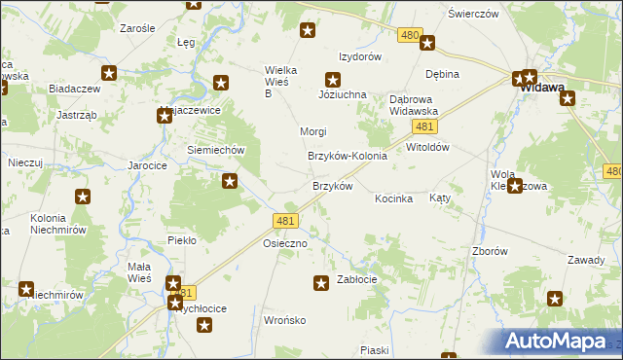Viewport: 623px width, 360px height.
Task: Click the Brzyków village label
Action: coord(332,186)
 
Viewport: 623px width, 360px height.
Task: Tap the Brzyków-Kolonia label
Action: coord(348,156)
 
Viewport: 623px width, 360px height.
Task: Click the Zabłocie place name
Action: coord(356,279)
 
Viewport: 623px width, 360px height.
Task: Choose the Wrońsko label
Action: coord(285,320)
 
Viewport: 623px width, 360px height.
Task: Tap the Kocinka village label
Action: coord(394,198)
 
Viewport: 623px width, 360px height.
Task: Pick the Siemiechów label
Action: coord(214,151)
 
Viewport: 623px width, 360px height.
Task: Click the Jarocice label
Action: coord(148,166)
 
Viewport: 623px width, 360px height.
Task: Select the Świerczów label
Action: coord(473,14)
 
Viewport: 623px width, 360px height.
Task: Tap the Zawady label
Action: coord(586,260)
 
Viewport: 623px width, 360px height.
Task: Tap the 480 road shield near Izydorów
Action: coord(410,35)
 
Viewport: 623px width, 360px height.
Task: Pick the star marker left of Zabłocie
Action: coord(320,283)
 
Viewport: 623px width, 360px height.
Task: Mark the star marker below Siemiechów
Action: coord(230,180)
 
